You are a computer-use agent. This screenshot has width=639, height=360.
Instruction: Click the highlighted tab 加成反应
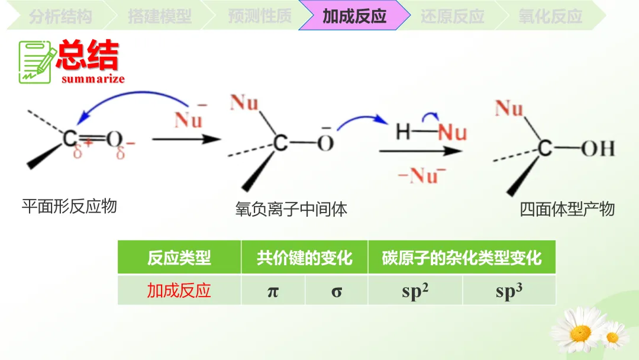(354, 16)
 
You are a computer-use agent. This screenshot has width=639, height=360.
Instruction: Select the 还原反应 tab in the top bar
(452, 16)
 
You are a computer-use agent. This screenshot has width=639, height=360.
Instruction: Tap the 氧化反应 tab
(550, 16)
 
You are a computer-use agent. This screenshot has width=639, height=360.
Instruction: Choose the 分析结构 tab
(60, 16)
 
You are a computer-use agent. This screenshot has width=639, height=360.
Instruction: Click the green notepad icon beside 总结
(37, 61)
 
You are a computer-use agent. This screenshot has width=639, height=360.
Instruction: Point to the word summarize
(93, 79)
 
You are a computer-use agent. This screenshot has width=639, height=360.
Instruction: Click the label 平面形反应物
(69, 207)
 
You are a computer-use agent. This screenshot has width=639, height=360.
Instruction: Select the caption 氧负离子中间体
(291, 209)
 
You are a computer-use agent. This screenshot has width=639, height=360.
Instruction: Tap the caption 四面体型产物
(567, 209)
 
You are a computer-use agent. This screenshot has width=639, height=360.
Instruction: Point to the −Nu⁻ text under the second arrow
(422, 176)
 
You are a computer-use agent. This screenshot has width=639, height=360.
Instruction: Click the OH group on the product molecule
(598, 148)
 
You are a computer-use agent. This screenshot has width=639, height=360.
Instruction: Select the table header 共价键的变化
(304, 258)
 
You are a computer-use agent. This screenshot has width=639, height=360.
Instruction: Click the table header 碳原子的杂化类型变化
(461, 258)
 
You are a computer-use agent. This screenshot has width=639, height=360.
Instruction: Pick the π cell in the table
(273, 291)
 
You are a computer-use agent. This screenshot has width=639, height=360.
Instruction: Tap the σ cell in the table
(337, 291)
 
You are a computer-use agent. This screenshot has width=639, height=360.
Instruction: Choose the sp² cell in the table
(415, 291)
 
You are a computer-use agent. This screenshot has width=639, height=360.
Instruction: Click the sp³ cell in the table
(509, 291)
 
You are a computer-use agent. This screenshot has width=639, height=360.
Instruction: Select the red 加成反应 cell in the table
(179, 291)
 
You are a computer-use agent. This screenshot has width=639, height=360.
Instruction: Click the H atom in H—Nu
(403, 131)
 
